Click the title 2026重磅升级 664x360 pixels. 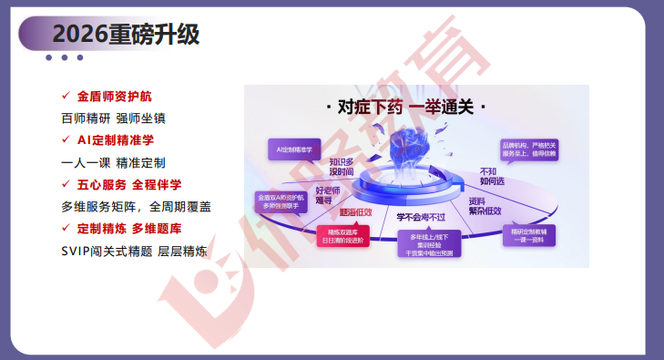pyautogui.click(x=126, y=34)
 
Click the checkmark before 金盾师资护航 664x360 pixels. pyautogui.click(x=65, y=95)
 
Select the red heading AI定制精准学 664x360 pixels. pyautogui.click(x=115, y=139)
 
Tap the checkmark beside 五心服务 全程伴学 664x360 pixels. pyautogui.click(x=65, y=184)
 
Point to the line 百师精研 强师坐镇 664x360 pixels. pyautogui.click(x=113, y=118)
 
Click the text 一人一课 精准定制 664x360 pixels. pyautogui.click(x=113, y=162)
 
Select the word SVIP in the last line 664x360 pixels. pyautogui.click(x=77, y=251)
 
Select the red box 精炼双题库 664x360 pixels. pyautogui.click(x=340, y=236)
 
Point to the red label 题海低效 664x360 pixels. pyautogui.click(x=355, y=212)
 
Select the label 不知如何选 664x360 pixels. pyautogui.click(x=493, y=175)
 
